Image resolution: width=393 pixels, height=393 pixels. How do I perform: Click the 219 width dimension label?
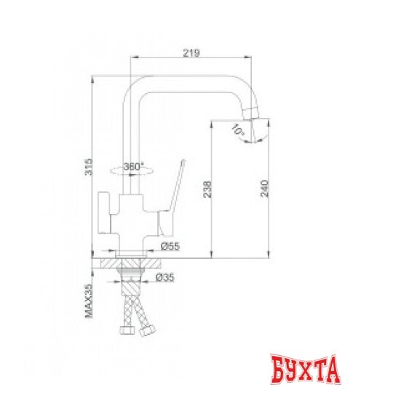coord(191,53)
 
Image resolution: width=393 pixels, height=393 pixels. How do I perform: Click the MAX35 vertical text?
coord(87,301)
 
